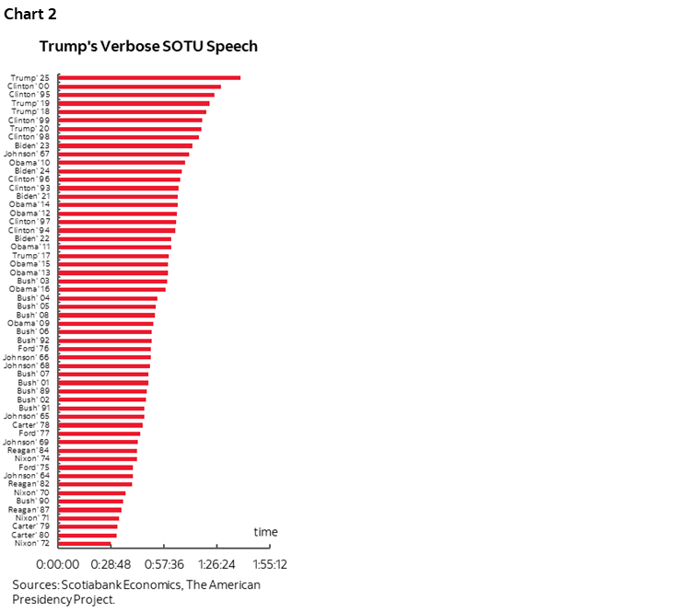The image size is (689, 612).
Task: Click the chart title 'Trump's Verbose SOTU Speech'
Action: pos(147,46)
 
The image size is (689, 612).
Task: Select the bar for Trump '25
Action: pos(148,77)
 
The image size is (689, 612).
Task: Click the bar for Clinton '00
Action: pos(138,86)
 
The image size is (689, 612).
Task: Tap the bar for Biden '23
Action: pos(124,145)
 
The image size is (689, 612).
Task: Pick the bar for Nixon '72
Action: pos(84,543)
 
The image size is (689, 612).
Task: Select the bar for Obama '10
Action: pos(121,162)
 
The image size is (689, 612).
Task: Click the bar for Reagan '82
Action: pos(95,484)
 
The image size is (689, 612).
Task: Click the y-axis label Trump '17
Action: pos(31,256)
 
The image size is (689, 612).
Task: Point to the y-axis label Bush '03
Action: pos(33,281)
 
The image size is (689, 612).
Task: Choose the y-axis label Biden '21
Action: pos(33,196)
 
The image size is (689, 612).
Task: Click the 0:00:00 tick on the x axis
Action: pos(57,564)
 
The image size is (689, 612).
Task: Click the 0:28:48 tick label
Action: pos(110,564)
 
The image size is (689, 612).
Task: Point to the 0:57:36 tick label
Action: pos(163,564)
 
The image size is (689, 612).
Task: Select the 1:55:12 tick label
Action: pos(268,564)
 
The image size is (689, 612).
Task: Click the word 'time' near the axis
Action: pos(265,532)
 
